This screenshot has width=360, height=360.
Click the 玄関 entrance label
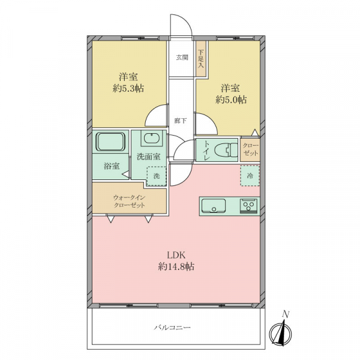tap(182, 58)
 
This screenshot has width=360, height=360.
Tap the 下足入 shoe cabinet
tap(201, 59)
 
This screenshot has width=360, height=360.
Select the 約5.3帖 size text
tap(128, 88)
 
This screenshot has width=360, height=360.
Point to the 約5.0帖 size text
tap(231, 100)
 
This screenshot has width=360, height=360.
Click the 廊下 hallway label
tap(181, 121)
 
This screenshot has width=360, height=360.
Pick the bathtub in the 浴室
tap(110, 142)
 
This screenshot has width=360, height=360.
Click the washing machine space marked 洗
tap(157, 176)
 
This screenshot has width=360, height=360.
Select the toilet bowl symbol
tap(226, 150)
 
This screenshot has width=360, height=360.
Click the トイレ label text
tap(206, 151)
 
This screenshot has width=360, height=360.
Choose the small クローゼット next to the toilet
tap(250, 149)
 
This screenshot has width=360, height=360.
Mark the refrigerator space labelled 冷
tap(250, 176)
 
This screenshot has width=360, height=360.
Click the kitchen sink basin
tap(214, 205)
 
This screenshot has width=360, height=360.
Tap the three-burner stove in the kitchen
tap(248, 206)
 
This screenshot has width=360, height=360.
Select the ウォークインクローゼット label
tap(129, 202)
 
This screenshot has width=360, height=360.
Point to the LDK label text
tap(176, 256)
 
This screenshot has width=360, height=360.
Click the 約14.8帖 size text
tap(176, 267)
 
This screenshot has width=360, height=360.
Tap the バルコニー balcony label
tap(172, 327)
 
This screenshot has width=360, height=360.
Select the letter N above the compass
tap(286, 314)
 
